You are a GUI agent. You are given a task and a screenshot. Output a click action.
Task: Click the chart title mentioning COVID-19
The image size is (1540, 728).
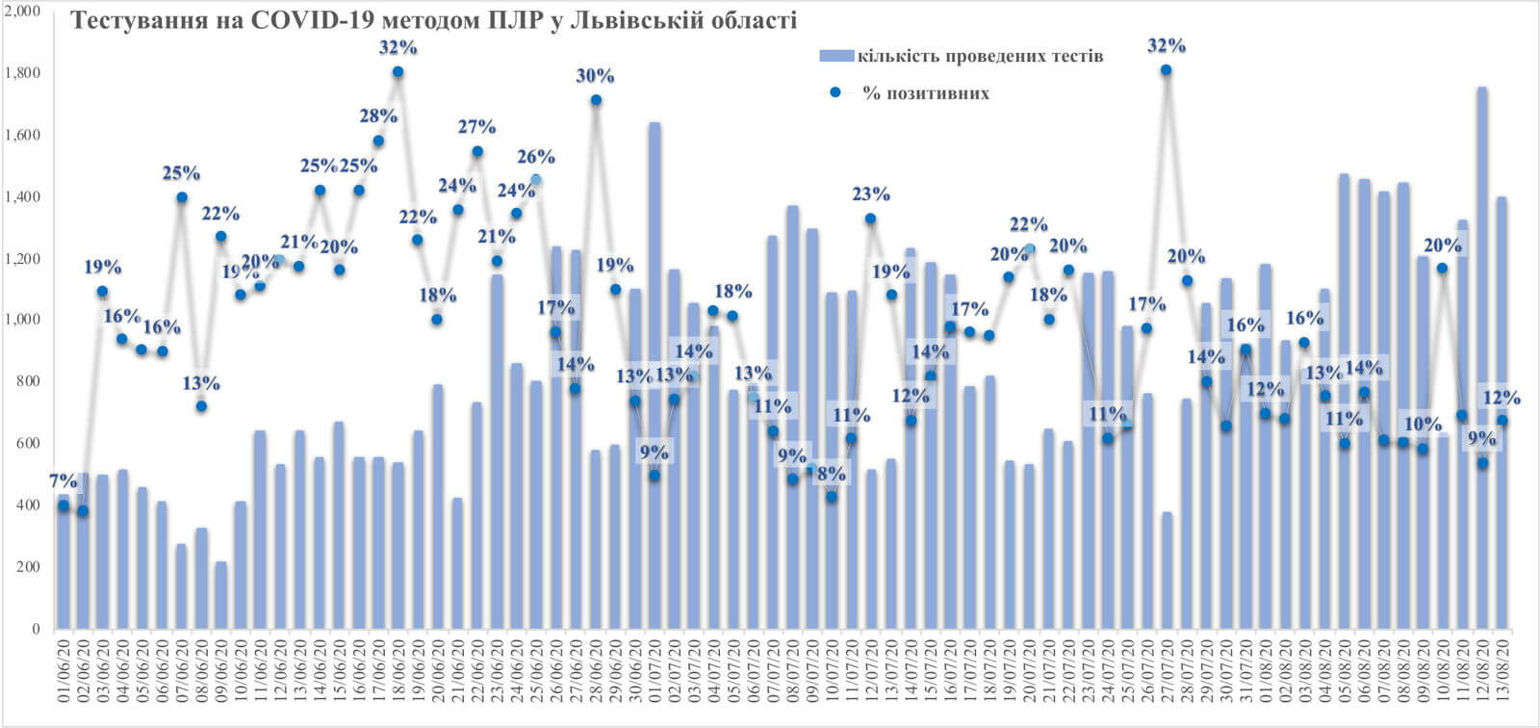coord(434,20)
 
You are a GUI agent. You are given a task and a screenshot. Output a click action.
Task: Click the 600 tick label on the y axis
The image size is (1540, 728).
coord(27,444)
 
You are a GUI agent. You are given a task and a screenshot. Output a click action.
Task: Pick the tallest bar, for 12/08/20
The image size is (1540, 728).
coord(1482,356)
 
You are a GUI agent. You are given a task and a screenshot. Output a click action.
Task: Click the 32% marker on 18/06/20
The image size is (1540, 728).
coord(398,72)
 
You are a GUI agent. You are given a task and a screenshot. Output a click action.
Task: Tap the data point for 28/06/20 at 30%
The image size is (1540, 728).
coord(596,100)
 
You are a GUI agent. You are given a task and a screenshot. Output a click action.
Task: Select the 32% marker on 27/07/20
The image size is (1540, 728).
coord(1166,69)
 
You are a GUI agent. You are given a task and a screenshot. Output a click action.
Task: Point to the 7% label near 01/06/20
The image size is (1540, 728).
coord(64,481)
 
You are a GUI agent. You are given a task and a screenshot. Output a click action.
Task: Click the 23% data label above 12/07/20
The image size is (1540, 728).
coord(871,194)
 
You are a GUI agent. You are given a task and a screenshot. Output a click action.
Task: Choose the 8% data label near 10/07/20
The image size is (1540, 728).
coord(832,473)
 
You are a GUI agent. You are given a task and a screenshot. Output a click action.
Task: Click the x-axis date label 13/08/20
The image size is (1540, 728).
coord(1502,675)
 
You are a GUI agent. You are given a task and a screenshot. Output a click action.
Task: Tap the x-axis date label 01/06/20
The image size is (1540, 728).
coord(64,675)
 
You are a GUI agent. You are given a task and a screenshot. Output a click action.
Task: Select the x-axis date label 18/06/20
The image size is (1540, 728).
coord(398,675)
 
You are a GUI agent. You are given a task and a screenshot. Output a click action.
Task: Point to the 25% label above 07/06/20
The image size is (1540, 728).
coord(181,173)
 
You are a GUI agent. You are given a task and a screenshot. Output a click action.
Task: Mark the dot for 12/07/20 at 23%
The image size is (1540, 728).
coord(870,219)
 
